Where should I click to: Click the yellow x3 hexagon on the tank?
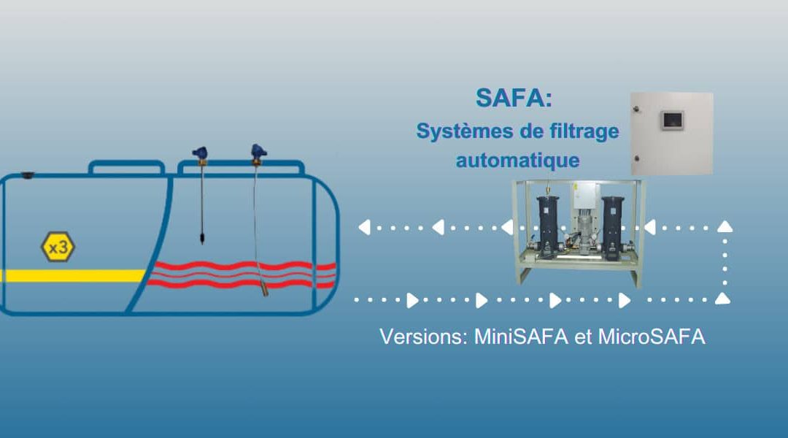[58, 247]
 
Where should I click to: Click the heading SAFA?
[514, 98]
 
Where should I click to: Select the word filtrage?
[584, 131]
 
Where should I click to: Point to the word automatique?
[517, 161]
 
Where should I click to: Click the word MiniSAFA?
[521, 337]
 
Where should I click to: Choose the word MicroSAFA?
[652, 337]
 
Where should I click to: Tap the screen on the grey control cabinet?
[673, 120]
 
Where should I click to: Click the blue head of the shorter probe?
[200, 153]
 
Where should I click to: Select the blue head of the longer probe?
[258, 151]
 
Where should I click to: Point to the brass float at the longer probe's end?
[265, 289]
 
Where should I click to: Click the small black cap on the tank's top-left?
[28, 175]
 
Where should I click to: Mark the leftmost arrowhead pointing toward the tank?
[364, 228]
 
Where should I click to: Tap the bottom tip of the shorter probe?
[203, 243]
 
